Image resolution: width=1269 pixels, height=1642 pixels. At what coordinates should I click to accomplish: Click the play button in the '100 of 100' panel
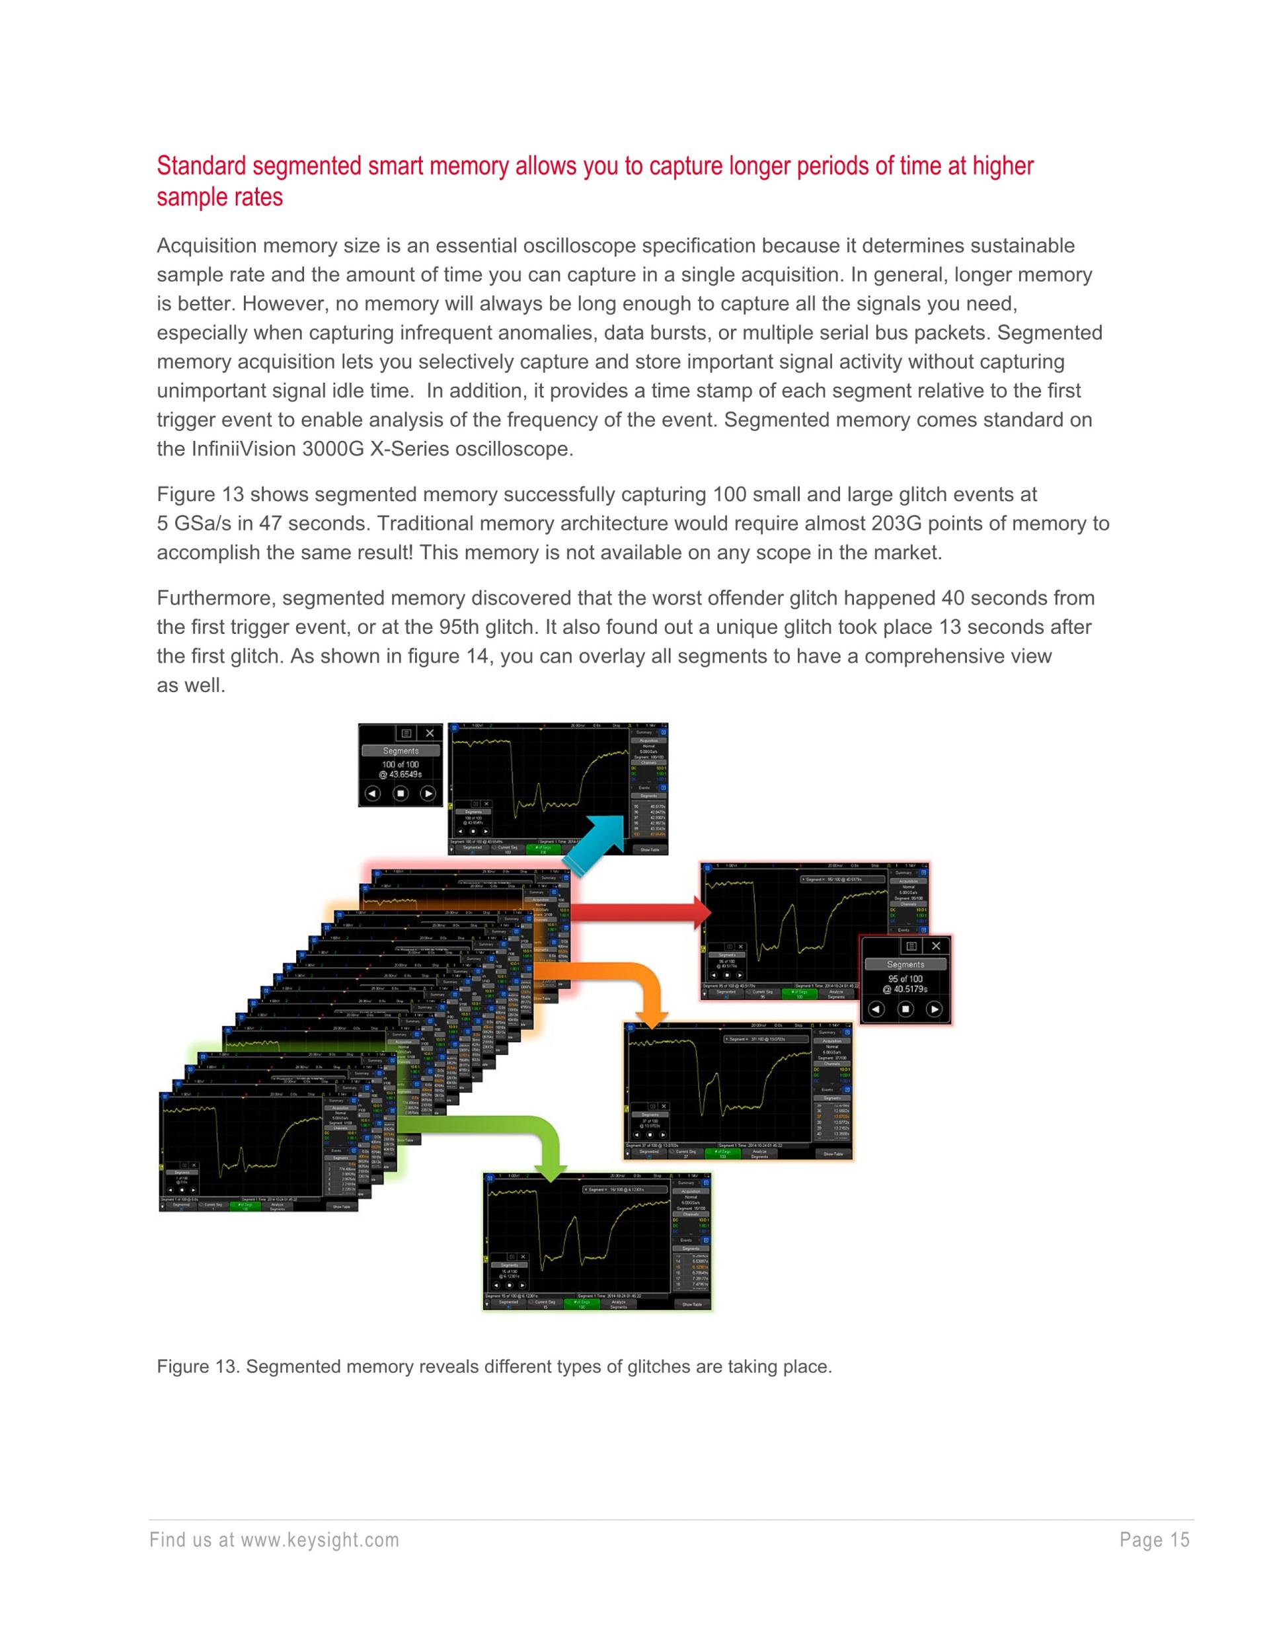[x=428, y=793]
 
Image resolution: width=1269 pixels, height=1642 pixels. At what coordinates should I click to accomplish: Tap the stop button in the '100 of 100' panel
[x=401, y=793]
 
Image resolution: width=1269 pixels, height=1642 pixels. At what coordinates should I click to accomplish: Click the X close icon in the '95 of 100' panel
[x=935, y=946]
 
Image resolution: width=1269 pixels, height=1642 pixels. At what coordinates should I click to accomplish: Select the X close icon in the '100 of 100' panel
[x=429, y=733]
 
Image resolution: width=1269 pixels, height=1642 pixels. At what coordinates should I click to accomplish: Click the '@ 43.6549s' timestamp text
[x=401, y=774]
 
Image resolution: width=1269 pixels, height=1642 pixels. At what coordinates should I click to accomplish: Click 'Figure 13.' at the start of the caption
[x=198, y=1366]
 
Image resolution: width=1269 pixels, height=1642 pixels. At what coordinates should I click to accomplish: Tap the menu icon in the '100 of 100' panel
[x=405, y=733]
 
